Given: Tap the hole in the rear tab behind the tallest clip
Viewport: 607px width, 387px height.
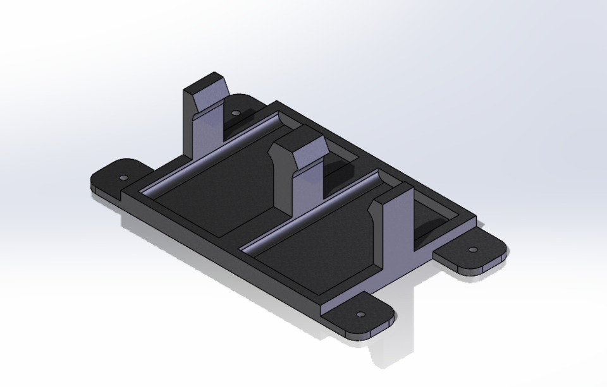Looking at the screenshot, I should tap(236, 114).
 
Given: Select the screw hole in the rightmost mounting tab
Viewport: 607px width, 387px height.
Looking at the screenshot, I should tap(473, 250).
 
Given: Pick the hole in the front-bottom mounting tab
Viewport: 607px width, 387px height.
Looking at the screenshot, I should tap(360, 314).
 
